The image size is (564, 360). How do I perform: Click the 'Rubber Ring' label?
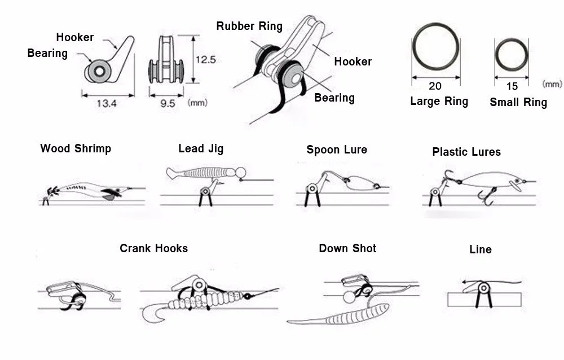click(x=249, y=26)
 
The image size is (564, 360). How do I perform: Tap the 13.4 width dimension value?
click(x=106, y=103)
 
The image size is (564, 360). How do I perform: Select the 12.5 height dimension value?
click(x=205, y=59)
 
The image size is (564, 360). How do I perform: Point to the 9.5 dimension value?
click(x=168, y=103)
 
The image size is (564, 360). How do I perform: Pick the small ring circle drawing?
click(x=512, y=55)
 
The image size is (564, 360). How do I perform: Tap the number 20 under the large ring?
click(x=435, y=86)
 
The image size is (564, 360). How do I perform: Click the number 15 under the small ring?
click(x=512, y=86)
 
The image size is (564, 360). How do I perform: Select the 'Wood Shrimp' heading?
click(x=76, y=148)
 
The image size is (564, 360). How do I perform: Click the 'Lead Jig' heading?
click(x=201, y=148)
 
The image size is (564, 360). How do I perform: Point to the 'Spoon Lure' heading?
click(x=337, y=150)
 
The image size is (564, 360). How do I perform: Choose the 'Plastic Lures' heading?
click(x=466, y=151)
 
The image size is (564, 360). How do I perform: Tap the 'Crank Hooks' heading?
click(x=153, y=248)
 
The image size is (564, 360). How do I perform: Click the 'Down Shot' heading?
click(x=347, y=248)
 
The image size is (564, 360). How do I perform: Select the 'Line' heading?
click(x=481, y=249)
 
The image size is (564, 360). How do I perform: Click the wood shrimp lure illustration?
click(x=90, y=189)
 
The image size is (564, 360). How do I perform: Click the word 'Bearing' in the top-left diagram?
click(x=47, y=53)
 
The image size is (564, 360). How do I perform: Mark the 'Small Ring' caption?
click(x=518, y=102)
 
